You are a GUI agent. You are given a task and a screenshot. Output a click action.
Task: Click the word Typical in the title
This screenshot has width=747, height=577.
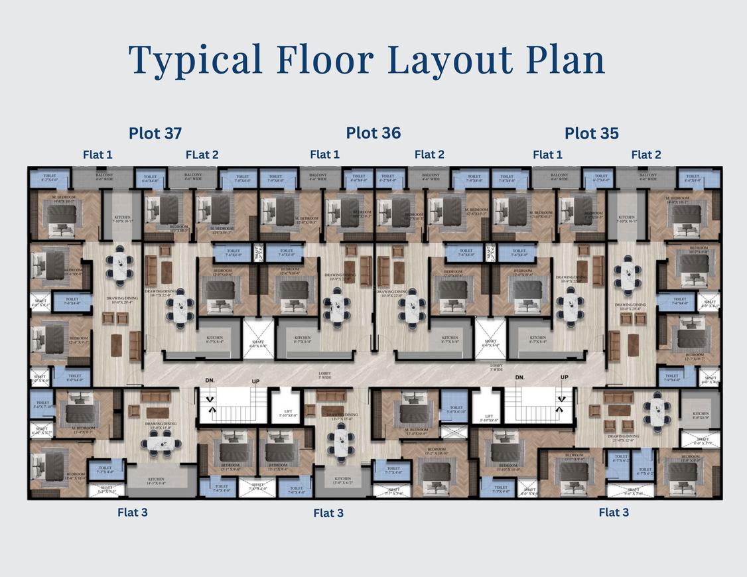196,60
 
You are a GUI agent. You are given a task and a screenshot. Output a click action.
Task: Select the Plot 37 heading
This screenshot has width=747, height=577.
155,133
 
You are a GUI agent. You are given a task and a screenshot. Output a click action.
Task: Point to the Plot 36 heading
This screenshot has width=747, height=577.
373,133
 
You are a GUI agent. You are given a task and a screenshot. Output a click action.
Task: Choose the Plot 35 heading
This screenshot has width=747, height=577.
592,133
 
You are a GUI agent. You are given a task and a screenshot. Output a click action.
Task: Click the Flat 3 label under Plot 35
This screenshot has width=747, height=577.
614,512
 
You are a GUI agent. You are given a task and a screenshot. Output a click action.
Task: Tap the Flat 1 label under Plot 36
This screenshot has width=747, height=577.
324,155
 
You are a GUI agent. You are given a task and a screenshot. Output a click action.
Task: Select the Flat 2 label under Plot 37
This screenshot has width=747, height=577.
202,155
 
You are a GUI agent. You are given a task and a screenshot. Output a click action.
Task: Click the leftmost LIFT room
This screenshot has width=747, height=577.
288,414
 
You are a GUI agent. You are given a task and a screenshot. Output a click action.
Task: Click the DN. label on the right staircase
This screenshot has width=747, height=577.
521,377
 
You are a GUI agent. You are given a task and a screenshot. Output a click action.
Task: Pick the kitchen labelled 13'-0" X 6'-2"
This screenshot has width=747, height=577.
342,481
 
